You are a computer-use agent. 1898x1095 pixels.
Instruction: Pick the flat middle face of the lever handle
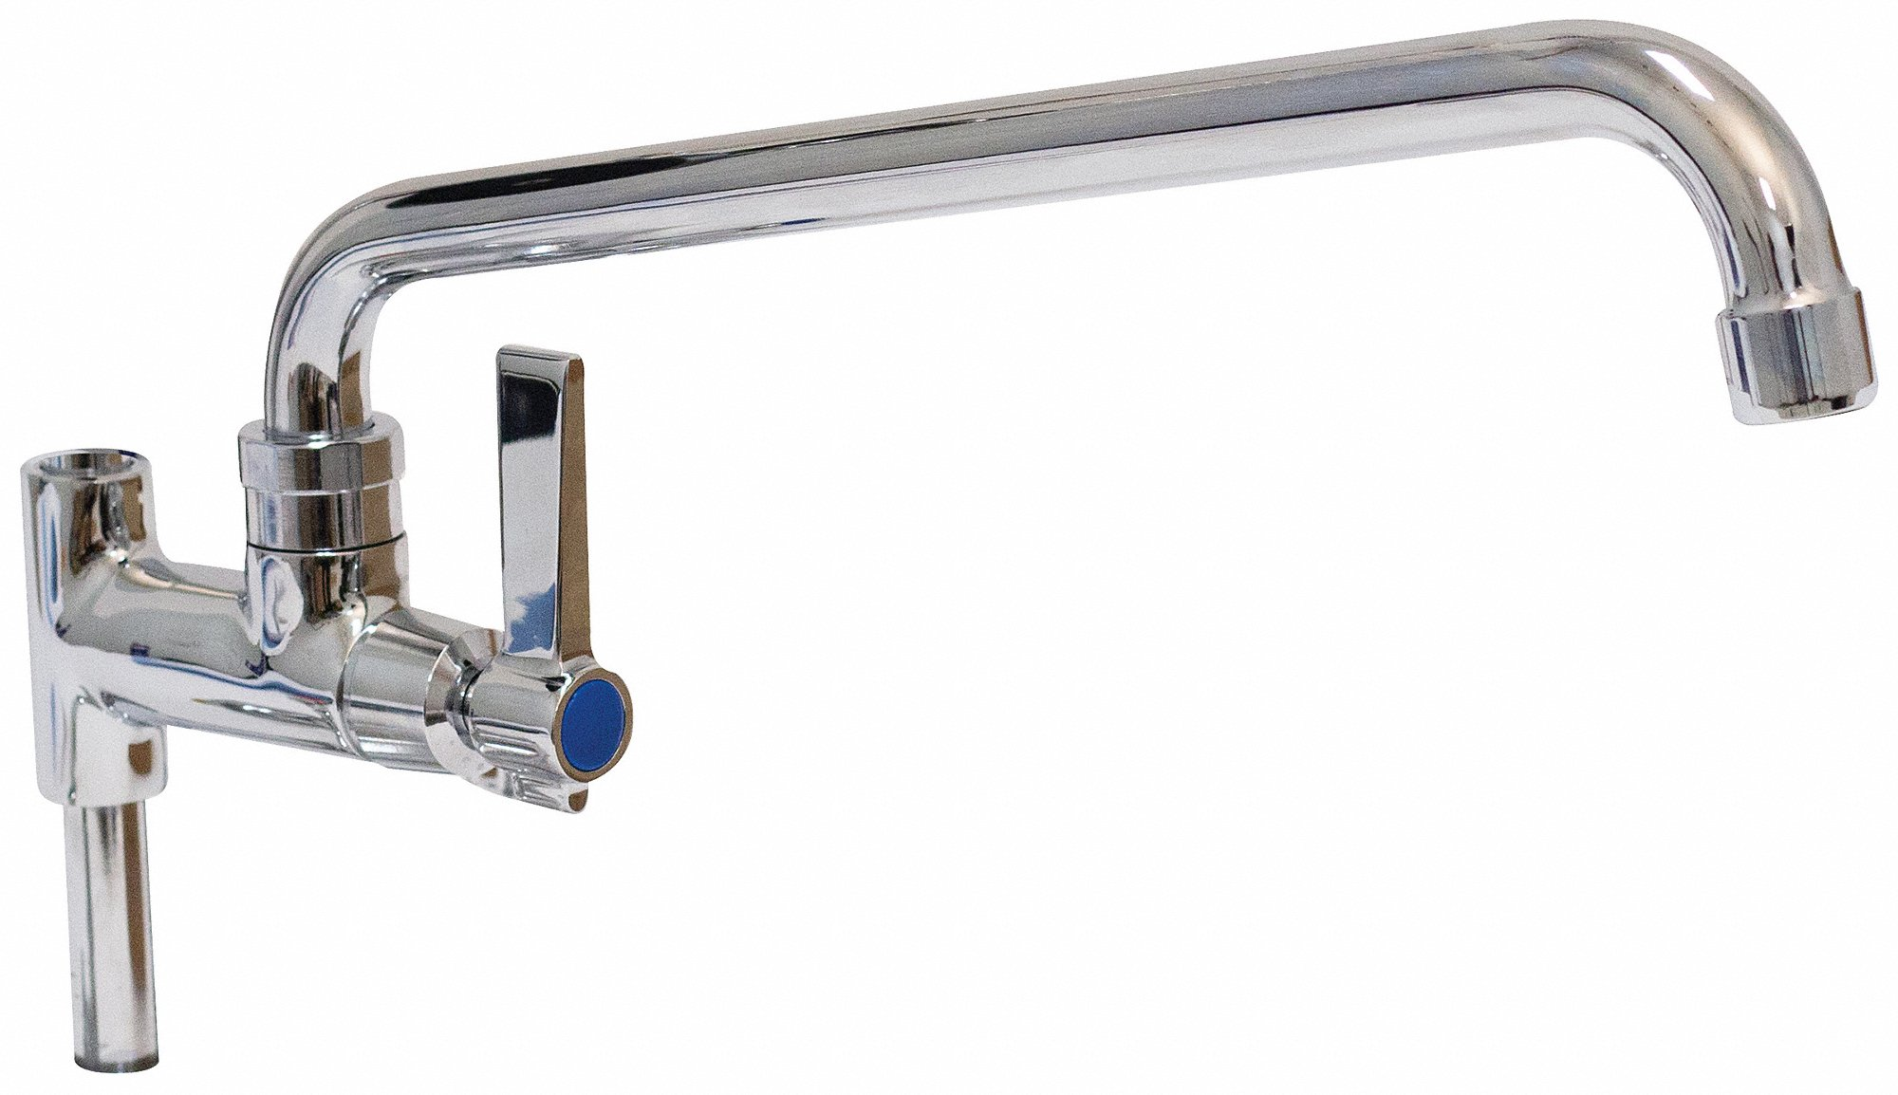541,531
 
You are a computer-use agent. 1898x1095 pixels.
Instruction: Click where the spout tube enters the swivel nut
304,418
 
